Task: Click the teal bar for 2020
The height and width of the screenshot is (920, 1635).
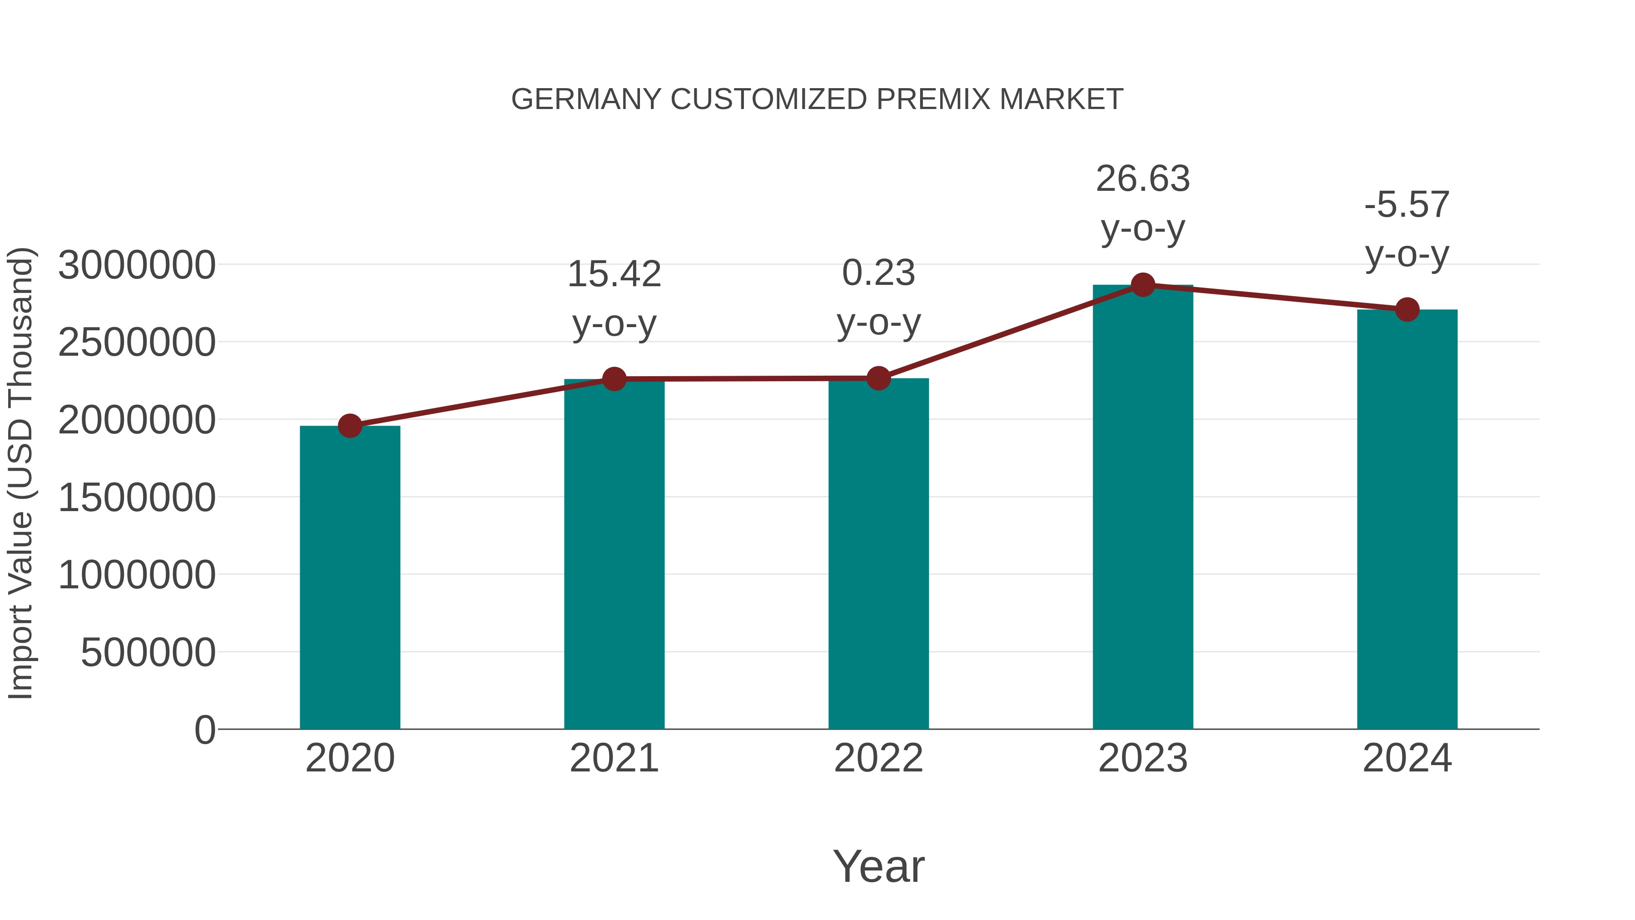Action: (350, 578)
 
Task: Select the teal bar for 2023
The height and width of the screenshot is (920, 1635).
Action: (1143, 508)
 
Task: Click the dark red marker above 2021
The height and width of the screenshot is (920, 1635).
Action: (614, 379)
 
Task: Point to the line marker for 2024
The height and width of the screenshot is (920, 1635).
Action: (1407, 309)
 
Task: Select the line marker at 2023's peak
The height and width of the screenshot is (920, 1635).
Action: (1143, 285)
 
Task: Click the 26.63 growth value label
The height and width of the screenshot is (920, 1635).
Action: (1143, 179)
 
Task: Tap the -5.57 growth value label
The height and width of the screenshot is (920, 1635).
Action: (1407, 204)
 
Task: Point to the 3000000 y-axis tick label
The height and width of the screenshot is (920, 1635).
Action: (136, 265)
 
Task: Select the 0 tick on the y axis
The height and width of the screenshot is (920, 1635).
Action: (204, 730)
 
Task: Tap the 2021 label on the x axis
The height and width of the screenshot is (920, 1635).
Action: (614, 758)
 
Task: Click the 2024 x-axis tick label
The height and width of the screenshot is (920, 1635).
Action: (1407, 758)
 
